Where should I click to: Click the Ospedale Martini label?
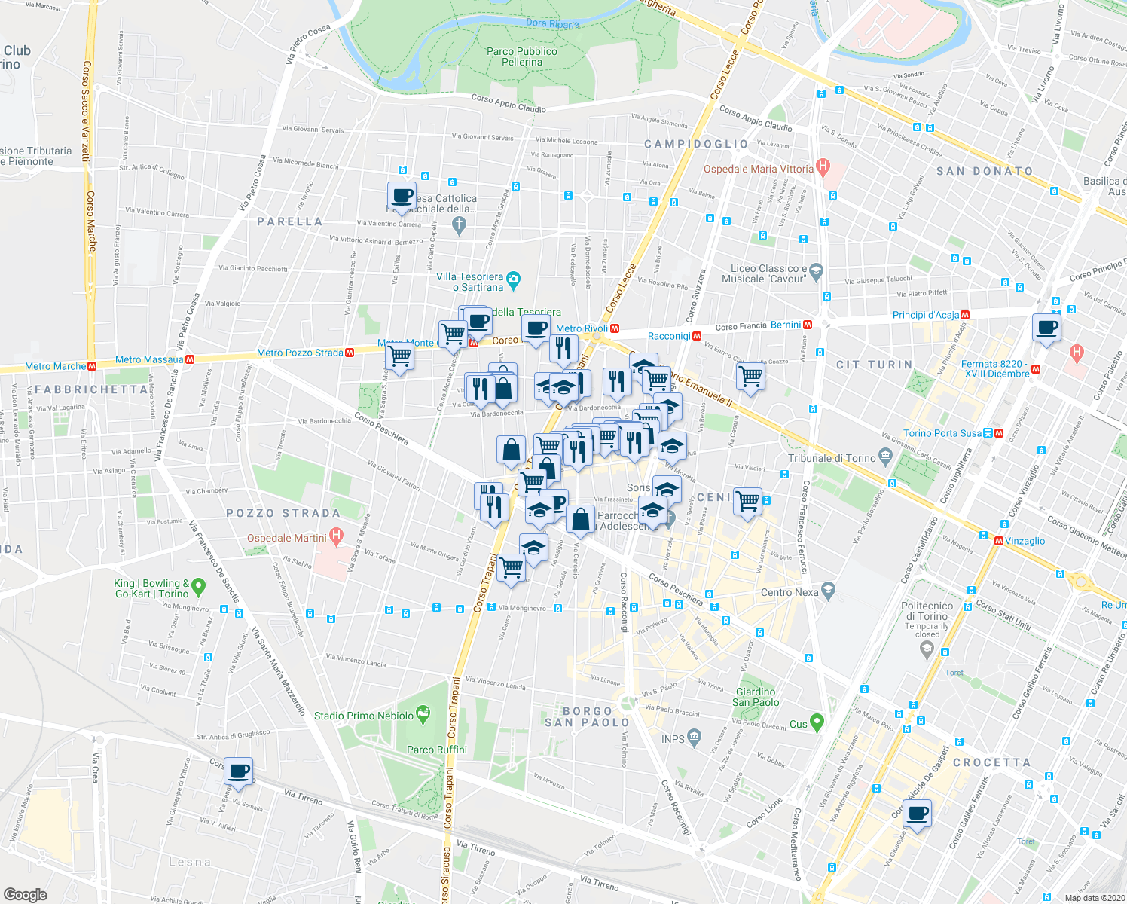(x=287, y=538)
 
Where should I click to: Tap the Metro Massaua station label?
(x=149, y=359)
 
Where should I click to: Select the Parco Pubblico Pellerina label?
(x=522, y=56)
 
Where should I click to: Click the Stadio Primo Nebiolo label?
(x=364, y=716)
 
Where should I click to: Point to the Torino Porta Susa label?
(x=942, y=433)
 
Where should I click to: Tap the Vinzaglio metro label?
(x=1025, y=541)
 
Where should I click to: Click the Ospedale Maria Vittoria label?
(x=759, y=169)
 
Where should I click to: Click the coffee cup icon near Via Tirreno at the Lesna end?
(x=239, y=771)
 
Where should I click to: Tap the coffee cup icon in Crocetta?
(x=918, y=814)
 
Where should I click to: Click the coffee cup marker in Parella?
(x=402, y=196)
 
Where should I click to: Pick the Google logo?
(x=25, y=894)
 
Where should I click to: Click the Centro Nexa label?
(x=790, y=592)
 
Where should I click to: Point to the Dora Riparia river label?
(x=552, y=23)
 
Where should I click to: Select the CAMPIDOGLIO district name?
(x=696, y=144)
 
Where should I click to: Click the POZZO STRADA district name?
(x=283, y=513)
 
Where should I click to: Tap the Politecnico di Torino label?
(x=927, y=611)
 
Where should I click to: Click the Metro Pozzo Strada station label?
(x=300, y=353)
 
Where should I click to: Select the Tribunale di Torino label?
(x=832, y=458)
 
